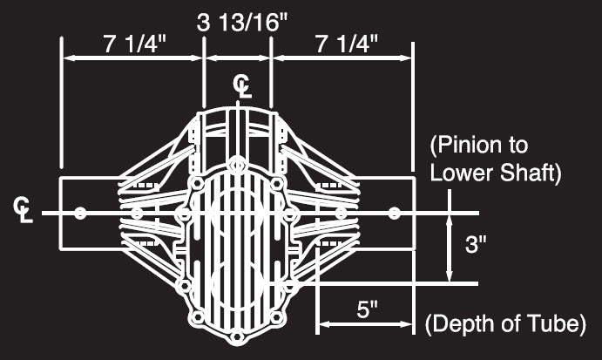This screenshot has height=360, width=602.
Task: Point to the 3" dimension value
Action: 475,245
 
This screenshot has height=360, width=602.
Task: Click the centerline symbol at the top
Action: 241,86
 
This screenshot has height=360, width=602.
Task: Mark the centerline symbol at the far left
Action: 23,208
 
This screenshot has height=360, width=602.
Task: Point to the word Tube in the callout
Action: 555,325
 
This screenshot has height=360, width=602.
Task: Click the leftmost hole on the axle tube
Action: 80,213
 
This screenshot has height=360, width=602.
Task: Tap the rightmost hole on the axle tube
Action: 394,213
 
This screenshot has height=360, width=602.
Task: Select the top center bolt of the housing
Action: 236,162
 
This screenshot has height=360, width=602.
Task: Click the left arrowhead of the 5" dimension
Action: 322,325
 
